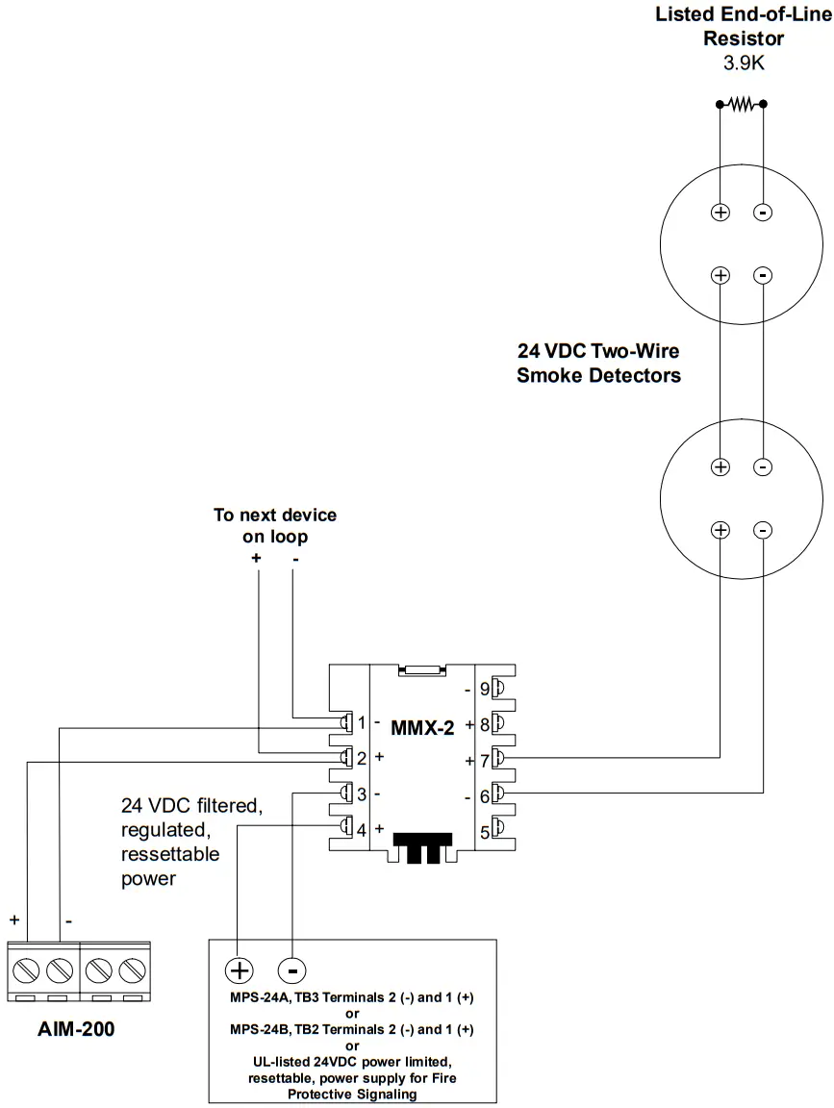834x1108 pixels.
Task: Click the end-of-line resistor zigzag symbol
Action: point(741,103)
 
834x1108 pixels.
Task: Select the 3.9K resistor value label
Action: point(744,63)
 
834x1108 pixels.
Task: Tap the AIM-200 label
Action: point(75,1029)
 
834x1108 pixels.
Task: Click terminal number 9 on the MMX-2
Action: point(484,689)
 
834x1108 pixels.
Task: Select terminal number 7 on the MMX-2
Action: point(484,760)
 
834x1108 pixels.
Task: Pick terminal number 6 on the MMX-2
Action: point(484,794)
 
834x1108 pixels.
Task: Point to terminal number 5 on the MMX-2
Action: point(484,829)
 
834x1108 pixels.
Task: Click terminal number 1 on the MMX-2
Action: point(362,722)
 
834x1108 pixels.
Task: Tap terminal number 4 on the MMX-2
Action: point(362,829)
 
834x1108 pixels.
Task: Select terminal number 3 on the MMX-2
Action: point(362,794)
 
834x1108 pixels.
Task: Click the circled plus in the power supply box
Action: point(239,969)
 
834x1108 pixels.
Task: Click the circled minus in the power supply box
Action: point(291,969)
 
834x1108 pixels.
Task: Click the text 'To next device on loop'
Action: point(275,526)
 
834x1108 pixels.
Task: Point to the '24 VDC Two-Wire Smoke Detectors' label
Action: point(598,364)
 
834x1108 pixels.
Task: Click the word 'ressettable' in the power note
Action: point(170,854)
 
